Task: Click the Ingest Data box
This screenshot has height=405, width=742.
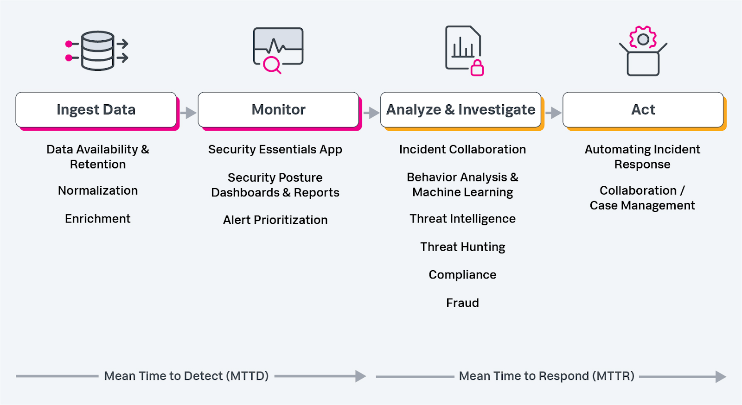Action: pyautogui.click(x=96, y=110)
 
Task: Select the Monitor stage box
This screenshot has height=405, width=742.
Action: pyautogui.click(x=278, y=110)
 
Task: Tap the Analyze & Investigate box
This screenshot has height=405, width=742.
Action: pyautogui.click(x=461, y=110)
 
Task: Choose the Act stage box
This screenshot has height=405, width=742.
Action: pyautogui.click(x=643, y=110)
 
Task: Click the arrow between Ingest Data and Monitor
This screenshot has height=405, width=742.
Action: pyautogui.click(x=188, y=113)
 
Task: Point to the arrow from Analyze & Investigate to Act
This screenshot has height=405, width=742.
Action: pyautogui.click(x=553, y=113)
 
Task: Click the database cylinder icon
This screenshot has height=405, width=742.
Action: pyautogui.click(x=98, y=51)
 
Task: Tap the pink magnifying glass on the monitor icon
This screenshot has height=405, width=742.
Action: pyautogui.click(x=272, y=64)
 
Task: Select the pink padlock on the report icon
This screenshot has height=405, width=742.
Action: pyautogui.click(x=477, y=68)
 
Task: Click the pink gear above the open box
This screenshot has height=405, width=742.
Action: pyautogui.click(x=643, y=39)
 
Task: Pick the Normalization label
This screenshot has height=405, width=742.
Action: pyautogui.click(x=98, y=190)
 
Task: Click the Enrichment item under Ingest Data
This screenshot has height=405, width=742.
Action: pyautogui.click(x=98, y=219)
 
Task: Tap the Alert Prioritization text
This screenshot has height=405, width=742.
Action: pyautogui.click(x=275, y=220)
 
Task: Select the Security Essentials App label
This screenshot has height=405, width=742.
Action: pyautogui.click(x=275, y=149)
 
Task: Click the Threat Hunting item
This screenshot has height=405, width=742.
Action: pyautogui.click(x=462, y=247)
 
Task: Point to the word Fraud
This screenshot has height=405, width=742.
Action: pyautogui.click(x=462, y=303)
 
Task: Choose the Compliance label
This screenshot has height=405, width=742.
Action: pyautogui.click(x=462, y=275)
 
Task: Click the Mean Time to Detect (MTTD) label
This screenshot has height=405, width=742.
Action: pyautogui.click(x=186, y=376)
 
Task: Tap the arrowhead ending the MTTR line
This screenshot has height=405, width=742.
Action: pyautogui.click(x=721, y=376)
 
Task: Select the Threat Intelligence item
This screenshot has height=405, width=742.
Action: pyautogui.click(x=462, y=219)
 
